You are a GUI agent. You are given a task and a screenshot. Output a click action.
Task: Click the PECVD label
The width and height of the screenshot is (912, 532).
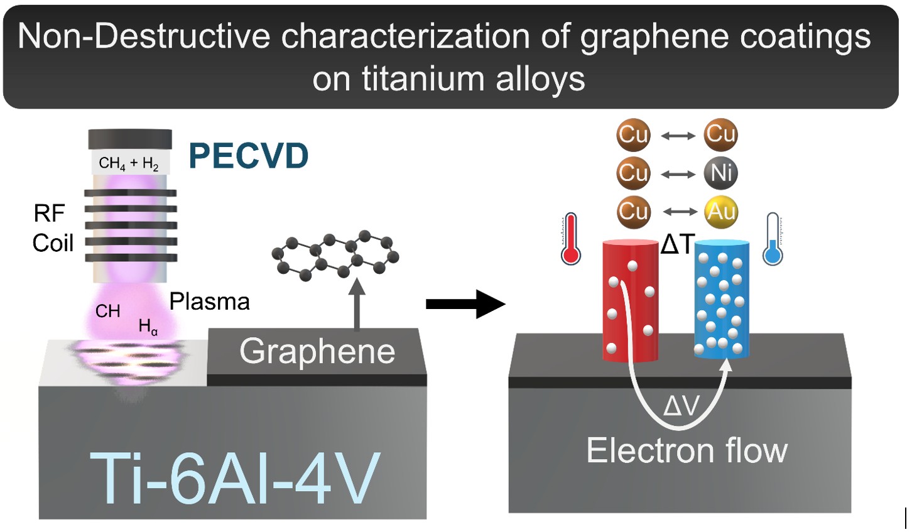coord(249,156)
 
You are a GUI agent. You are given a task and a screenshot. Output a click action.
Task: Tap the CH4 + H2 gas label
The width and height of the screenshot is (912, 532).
coord(129,164)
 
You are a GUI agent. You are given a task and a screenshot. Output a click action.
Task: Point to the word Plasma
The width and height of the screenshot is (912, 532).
coord(210,302)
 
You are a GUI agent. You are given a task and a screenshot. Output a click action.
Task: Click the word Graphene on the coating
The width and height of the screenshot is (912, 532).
coord(317,351)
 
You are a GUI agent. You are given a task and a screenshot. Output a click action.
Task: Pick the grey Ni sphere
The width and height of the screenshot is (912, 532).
coord(721,173)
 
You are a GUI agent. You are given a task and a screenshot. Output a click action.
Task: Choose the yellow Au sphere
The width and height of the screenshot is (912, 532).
coord(721,212)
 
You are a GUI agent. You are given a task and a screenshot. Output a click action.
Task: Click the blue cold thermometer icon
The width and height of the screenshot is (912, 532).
coord(773,239)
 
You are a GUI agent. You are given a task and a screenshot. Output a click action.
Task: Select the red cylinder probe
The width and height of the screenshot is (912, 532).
coord(630,301)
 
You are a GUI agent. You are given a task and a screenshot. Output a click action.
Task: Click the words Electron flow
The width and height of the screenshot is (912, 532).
coord(687,451)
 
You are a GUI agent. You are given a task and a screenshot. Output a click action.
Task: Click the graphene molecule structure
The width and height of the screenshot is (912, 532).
coord(335,254)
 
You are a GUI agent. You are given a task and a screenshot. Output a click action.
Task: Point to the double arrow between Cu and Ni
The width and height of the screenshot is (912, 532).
coord(678,174)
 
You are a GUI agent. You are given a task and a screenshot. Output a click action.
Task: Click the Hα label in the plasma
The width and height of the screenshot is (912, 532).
coord(148,327)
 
